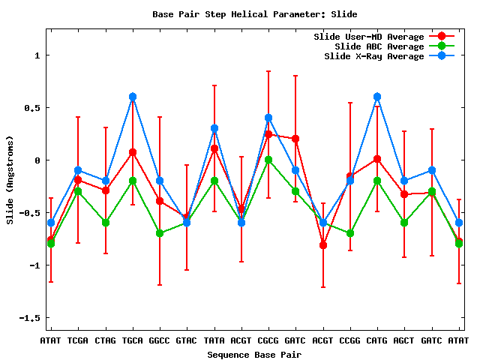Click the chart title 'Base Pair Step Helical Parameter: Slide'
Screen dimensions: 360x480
tap(254, 14)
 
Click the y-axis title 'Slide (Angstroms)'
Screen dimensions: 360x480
tap(10, 178)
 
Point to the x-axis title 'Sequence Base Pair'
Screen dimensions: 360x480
tap(254, 354)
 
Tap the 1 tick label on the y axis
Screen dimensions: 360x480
tap(35, 55)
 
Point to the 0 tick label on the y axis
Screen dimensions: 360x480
tap(35, 160)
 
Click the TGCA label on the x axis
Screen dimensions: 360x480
tap(133, 340)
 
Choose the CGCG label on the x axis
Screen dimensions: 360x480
tap(268, 340)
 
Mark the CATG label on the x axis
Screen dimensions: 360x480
tap(377, 340)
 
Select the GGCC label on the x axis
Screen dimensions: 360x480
tap(160, 340)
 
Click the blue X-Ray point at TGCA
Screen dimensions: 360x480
tap(133, 97)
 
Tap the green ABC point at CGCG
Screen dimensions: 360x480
tap(268, 160)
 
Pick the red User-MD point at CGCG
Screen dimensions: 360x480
tap(268, 134)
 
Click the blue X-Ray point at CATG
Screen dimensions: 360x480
tap(377, 97)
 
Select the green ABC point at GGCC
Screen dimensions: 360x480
tap(160, 233)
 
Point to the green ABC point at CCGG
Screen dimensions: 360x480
tap(350, 233)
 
